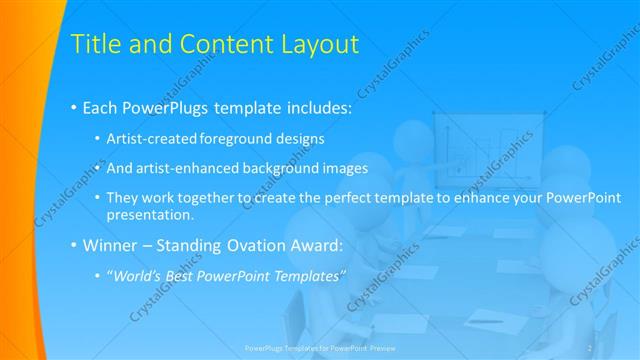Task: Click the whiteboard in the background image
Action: click(475, 145)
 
